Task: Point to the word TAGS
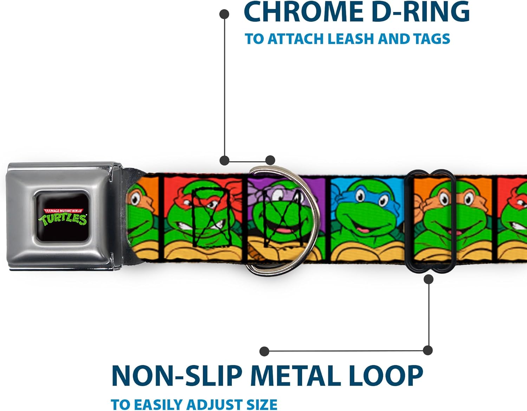coord(432,39)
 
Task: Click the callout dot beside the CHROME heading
coord(224,14)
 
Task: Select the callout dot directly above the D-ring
coord(270,161)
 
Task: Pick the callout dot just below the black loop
coord(428,279)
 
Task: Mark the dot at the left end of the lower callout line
coord(264,351)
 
